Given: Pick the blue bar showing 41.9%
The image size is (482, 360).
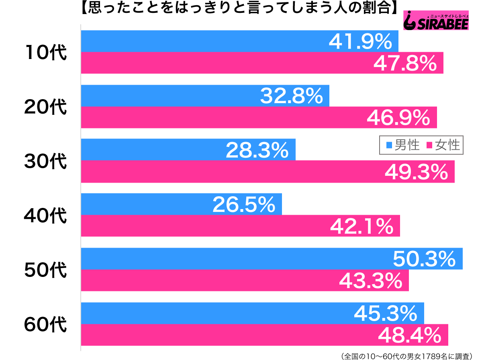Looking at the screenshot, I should pos(201,41).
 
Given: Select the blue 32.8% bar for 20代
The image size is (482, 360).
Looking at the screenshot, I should pos(169,96).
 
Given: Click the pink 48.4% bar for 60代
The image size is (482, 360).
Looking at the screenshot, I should pos(225,335).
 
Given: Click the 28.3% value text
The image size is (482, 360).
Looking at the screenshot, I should pos(257,150).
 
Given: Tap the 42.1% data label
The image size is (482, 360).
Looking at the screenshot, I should pos(361,226).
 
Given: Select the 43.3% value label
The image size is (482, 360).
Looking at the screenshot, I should pos(370,281).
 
